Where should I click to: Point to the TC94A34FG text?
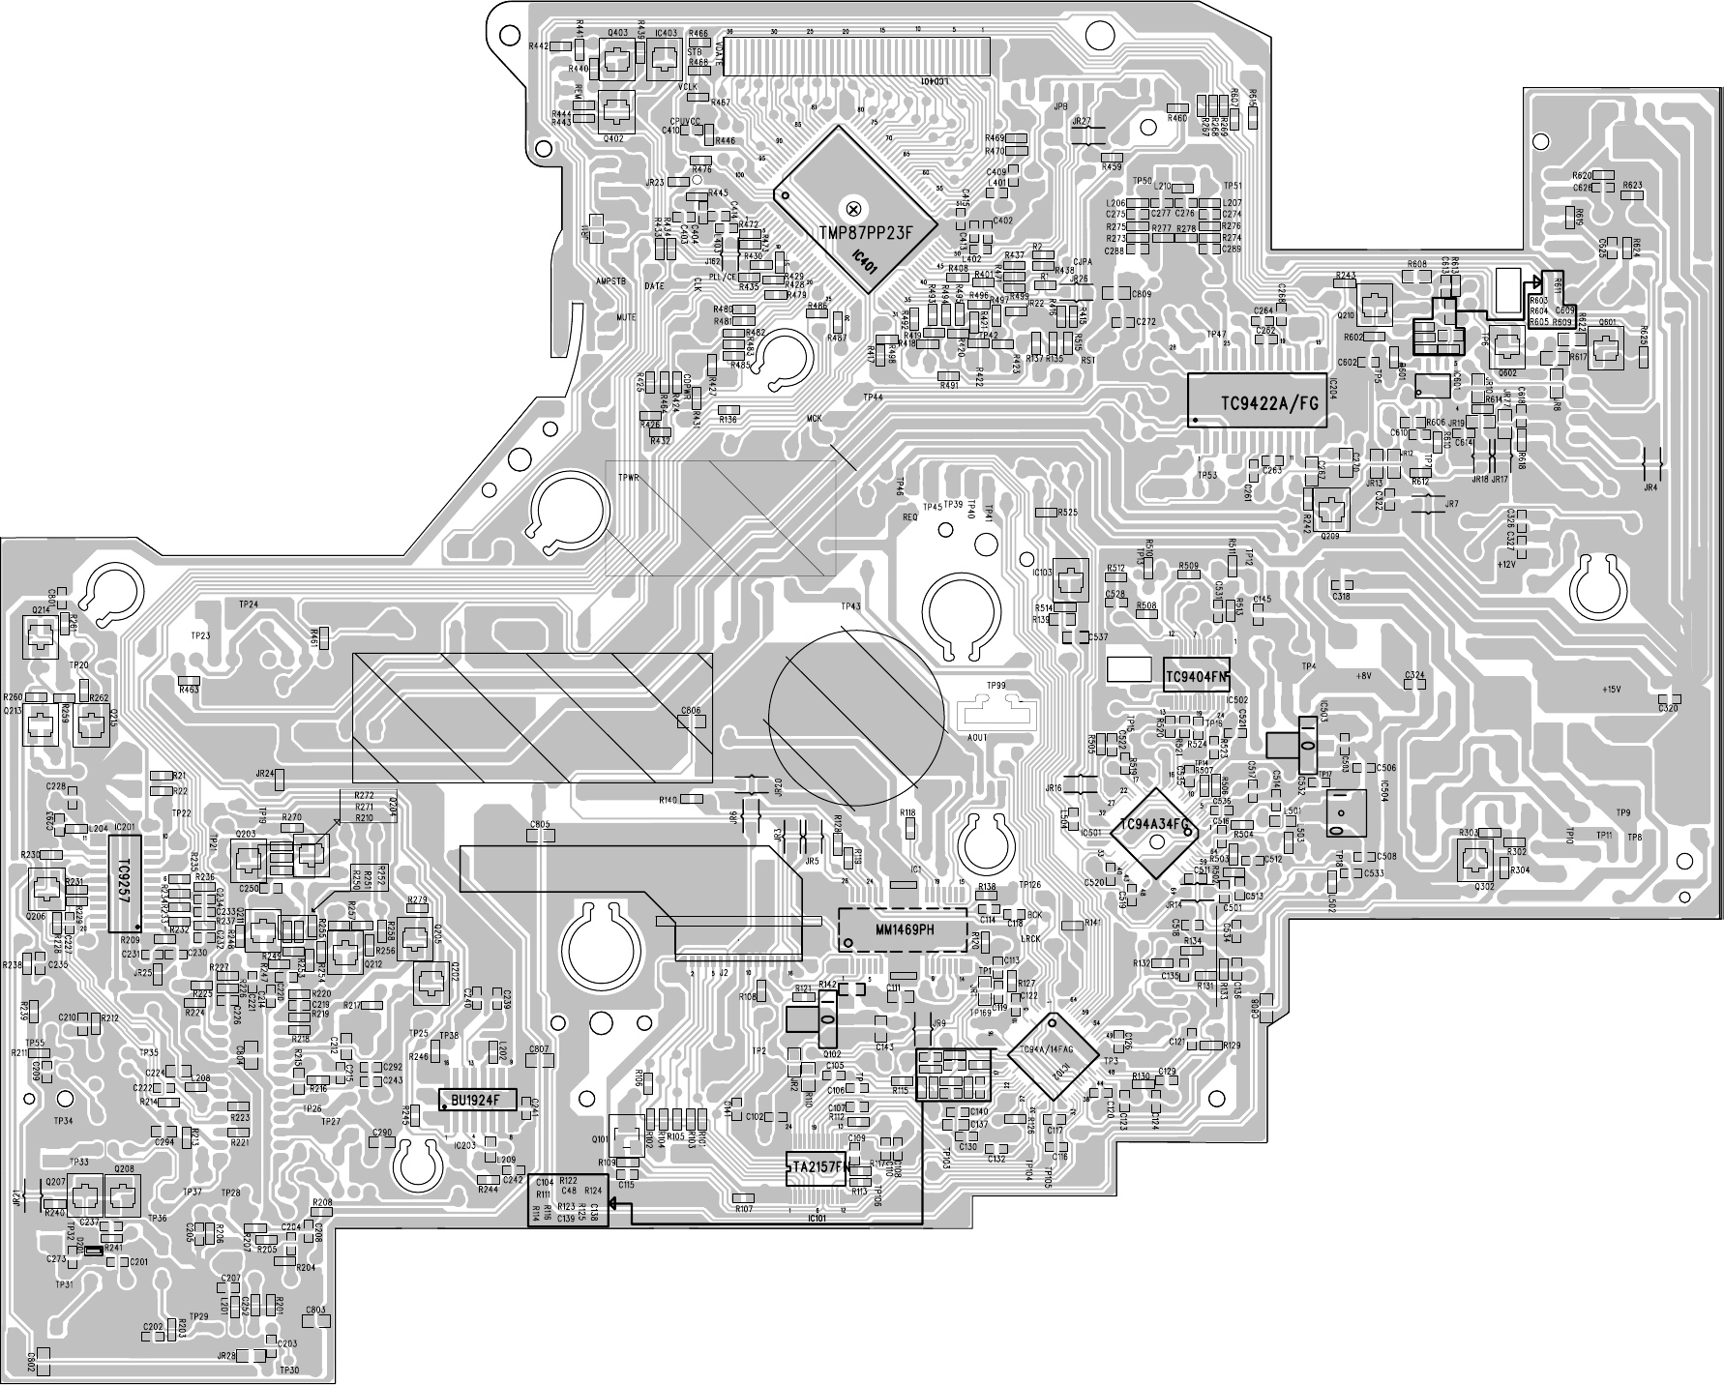pyautogui.click(x=1153, y=824)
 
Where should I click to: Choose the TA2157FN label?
pyautogui.click(x=818, y=1167)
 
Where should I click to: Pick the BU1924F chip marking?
pyautogui.click(x=477, y=1101)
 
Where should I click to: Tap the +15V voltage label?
pyautogui.click(x=1610, y=689)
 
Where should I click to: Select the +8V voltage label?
pyautogui.click(x=1364, y=676)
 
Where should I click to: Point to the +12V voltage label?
pyautogui.click(x=1505, y=563)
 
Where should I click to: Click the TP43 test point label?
pyautogui.click(x=850, y=606)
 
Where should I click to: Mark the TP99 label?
pyautogui.click(x=996, y=685)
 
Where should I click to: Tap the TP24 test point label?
pyautogui.click(x=248, y=604)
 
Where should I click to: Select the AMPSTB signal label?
pyautogui.click(x=612, y=280)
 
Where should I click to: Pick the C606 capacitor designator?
pyautogui.click(x=690, y=711)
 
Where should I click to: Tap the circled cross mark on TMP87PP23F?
pyautogui.click(x=853, y=208)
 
